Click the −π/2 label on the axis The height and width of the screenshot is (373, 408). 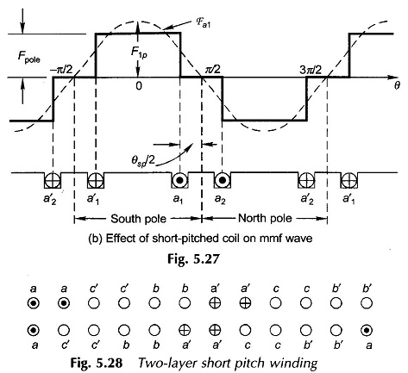click(x=63, y=70)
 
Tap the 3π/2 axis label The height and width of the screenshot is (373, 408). click(x=311, y=70)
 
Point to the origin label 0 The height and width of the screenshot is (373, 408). click(x=139, y=86)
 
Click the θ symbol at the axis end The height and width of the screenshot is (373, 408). click(x=397, y=86)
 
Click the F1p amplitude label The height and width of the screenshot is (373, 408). click(x=139, y=53)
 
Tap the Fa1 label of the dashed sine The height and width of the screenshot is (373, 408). click(x=204, y=23)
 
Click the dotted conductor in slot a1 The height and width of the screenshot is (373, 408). click(x=179, y=180)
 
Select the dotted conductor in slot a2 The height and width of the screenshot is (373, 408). click(x=223, y=180)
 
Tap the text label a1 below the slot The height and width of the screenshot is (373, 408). click(x=179, y=199)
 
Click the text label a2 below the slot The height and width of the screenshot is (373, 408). click(x=220, y=199)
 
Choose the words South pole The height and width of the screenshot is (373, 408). click(x=138, y=219)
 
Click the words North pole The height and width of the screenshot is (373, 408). click(x=265, y=219)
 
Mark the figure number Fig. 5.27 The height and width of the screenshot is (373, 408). click(x=193, y=259)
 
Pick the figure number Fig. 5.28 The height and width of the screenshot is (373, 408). click(x=97, y=363)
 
